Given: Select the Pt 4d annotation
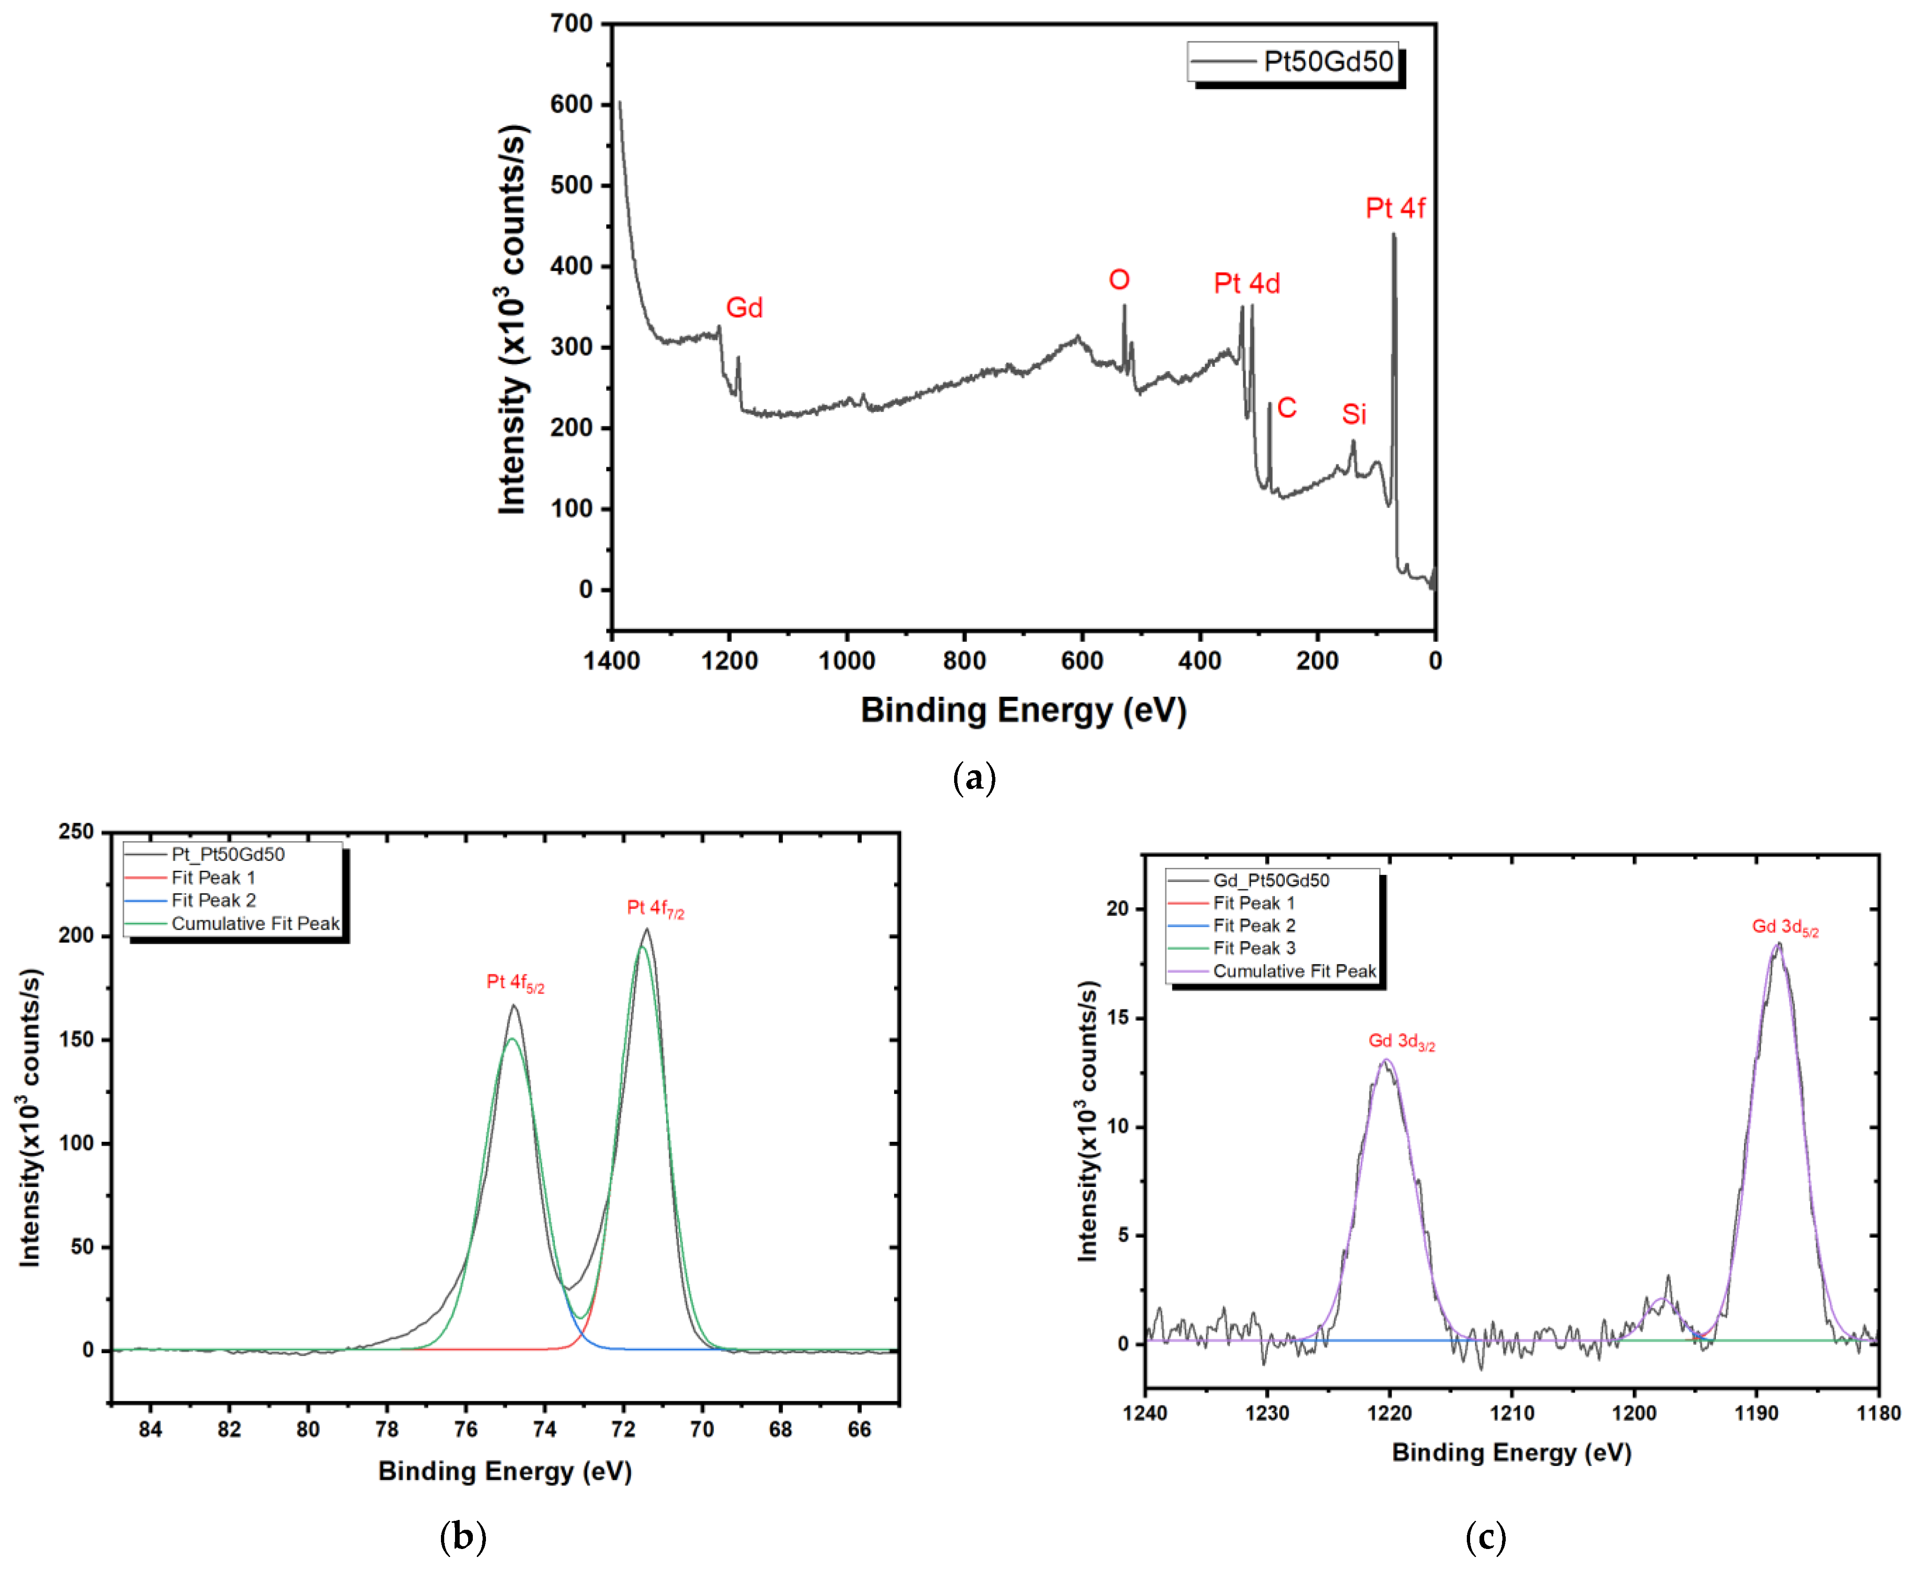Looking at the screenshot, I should [x=1246, y=283].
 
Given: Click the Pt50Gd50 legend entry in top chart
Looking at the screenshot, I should [x=1327, y=61].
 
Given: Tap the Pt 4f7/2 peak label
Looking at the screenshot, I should [x=655, y=908].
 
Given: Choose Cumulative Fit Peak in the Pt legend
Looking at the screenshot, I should [x=255, y=924].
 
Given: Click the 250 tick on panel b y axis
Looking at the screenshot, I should [x=76, y=831].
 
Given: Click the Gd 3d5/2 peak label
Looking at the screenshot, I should [x=1784, y=927].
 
